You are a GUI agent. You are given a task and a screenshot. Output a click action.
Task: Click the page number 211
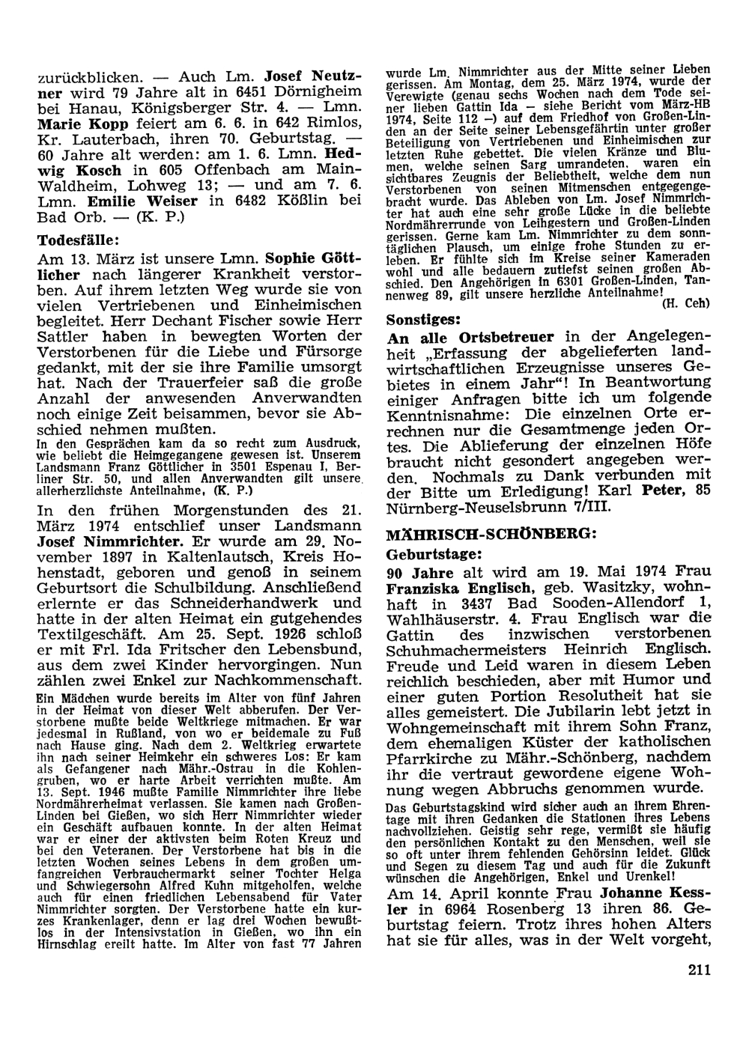(x=697, y=970)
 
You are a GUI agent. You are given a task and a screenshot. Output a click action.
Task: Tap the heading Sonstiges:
(x=422, y=318)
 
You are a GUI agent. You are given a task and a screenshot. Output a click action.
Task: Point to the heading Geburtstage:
(x=433, y=554)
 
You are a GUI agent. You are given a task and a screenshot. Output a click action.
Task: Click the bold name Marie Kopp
(x=78, y=123)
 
